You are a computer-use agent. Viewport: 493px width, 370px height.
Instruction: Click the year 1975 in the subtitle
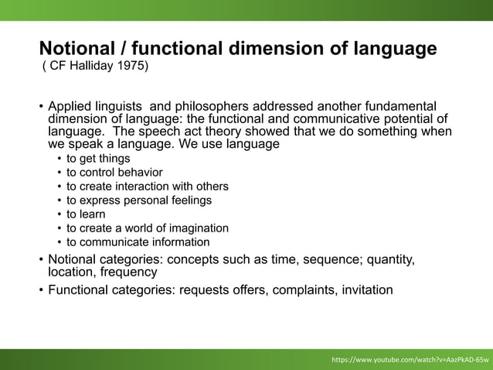131,66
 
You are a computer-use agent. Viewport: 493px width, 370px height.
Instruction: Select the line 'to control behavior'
114,173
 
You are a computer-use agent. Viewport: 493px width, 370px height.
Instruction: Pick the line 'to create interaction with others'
147,187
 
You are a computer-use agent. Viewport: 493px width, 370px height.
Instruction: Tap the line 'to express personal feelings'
138,200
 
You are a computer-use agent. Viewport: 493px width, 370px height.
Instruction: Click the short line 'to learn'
86,214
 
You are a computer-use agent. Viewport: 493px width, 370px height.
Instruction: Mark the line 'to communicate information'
138,242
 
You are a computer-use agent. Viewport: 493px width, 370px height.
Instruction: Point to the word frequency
129,272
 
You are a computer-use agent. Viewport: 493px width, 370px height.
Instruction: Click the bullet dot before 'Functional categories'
42,291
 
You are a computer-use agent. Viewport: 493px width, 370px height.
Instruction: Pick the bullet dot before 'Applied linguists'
42,105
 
